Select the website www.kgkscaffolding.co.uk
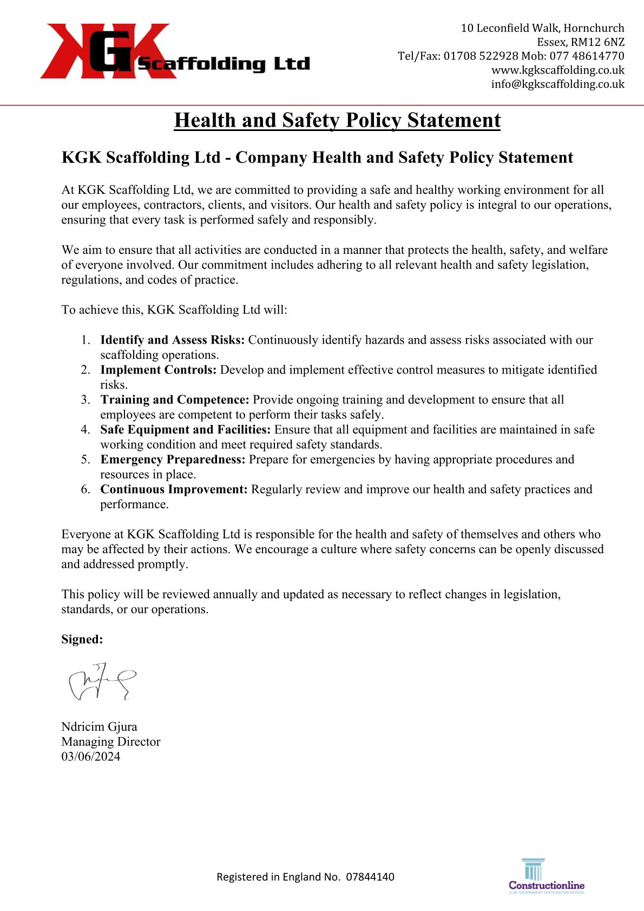557,70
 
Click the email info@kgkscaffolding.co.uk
557,84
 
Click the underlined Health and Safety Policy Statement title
337,120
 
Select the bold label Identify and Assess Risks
172,340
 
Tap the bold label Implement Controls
158,370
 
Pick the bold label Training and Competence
174,399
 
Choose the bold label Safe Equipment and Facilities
185,430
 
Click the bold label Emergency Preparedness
173,460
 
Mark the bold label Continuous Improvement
174,489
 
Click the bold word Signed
82,639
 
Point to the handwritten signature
101,682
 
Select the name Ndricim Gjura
99,726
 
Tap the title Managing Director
110,742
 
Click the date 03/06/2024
90,757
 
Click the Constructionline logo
547,876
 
